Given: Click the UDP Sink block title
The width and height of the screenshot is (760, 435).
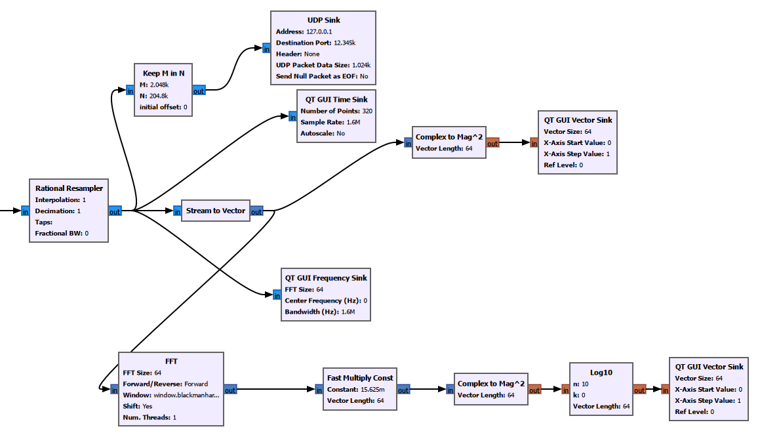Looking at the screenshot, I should [323, 20].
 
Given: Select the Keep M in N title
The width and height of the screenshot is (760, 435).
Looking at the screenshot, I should [163, 73].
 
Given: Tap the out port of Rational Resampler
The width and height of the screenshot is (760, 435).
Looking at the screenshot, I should [115, 211].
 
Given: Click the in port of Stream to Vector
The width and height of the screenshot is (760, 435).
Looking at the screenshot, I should [177, 211].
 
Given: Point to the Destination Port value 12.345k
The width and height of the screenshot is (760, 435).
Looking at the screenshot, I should [344, 43].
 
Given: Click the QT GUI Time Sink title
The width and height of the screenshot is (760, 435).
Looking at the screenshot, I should [337, 100].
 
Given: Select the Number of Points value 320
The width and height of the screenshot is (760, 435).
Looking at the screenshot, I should [367, 111].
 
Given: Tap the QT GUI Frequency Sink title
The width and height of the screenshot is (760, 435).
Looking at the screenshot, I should [325, 278].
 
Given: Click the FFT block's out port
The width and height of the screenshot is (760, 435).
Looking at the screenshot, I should [230, 390].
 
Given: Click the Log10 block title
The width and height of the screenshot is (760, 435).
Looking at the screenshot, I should [601, 372].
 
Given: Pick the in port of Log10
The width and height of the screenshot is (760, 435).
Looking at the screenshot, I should [565, 390].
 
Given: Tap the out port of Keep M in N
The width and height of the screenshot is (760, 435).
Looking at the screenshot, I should [199, 91].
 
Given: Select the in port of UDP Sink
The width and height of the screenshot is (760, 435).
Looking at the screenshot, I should [266, 48].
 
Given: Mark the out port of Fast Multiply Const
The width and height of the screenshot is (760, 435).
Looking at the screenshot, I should [403, 390].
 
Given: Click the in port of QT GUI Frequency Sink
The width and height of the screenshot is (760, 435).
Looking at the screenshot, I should [276, 295].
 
